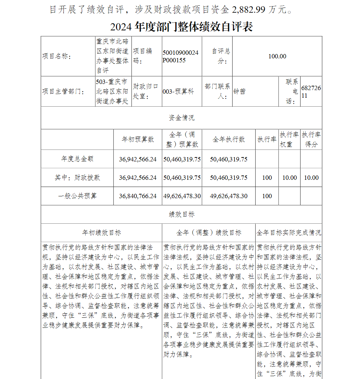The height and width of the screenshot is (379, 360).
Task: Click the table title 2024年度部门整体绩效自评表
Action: tap(181, 27)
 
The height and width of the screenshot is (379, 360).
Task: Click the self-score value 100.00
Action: tap(277, 56)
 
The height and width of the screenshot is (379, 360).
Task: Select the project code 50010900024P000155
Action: tap(180, 57)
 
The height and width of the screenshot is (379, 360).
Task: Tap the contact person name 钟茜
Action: tap(239, 92)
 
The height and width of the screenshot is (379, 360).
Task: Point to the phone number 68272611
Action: tap(311, 92)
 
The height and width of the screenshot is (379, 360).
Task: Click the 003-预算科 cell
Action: tap(178, 92)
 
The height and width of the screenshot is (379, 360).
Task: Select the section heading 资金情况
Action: tap(181, 118)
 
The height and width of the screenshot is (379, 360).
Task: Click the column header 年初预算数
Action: tap(138, 139)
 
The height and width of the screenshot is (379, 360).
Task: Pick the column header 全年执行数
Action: tap(229, 139)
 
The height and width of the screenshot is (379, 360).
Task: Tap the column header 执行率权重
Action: tap(289, 139)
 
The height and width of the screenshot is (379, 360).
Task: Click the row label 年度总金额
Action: tap(77, 159)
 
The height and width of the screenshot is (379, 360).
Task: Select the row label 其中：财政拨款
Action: tap(77, 178)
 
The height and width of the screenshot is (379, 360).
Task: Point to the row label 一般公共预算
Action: tap(77, 196)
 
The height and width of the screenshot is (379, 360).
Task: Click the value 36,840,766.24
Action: tap(138, 196)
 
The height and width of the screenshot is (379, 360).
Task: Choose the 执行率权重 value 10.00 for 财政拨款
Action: tap(289, 178)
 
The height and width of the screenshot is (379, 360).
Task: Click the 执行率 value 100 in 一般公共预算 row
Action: tap(267, 196)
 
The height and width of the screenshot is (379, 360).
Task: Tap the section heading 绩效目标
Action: tap(181, 214)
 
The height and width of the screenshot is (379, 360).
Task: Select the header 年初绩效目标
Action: tap(102, 233)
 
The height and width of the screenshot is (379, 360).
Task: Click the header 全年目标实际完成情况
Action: tap(289, 233)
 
